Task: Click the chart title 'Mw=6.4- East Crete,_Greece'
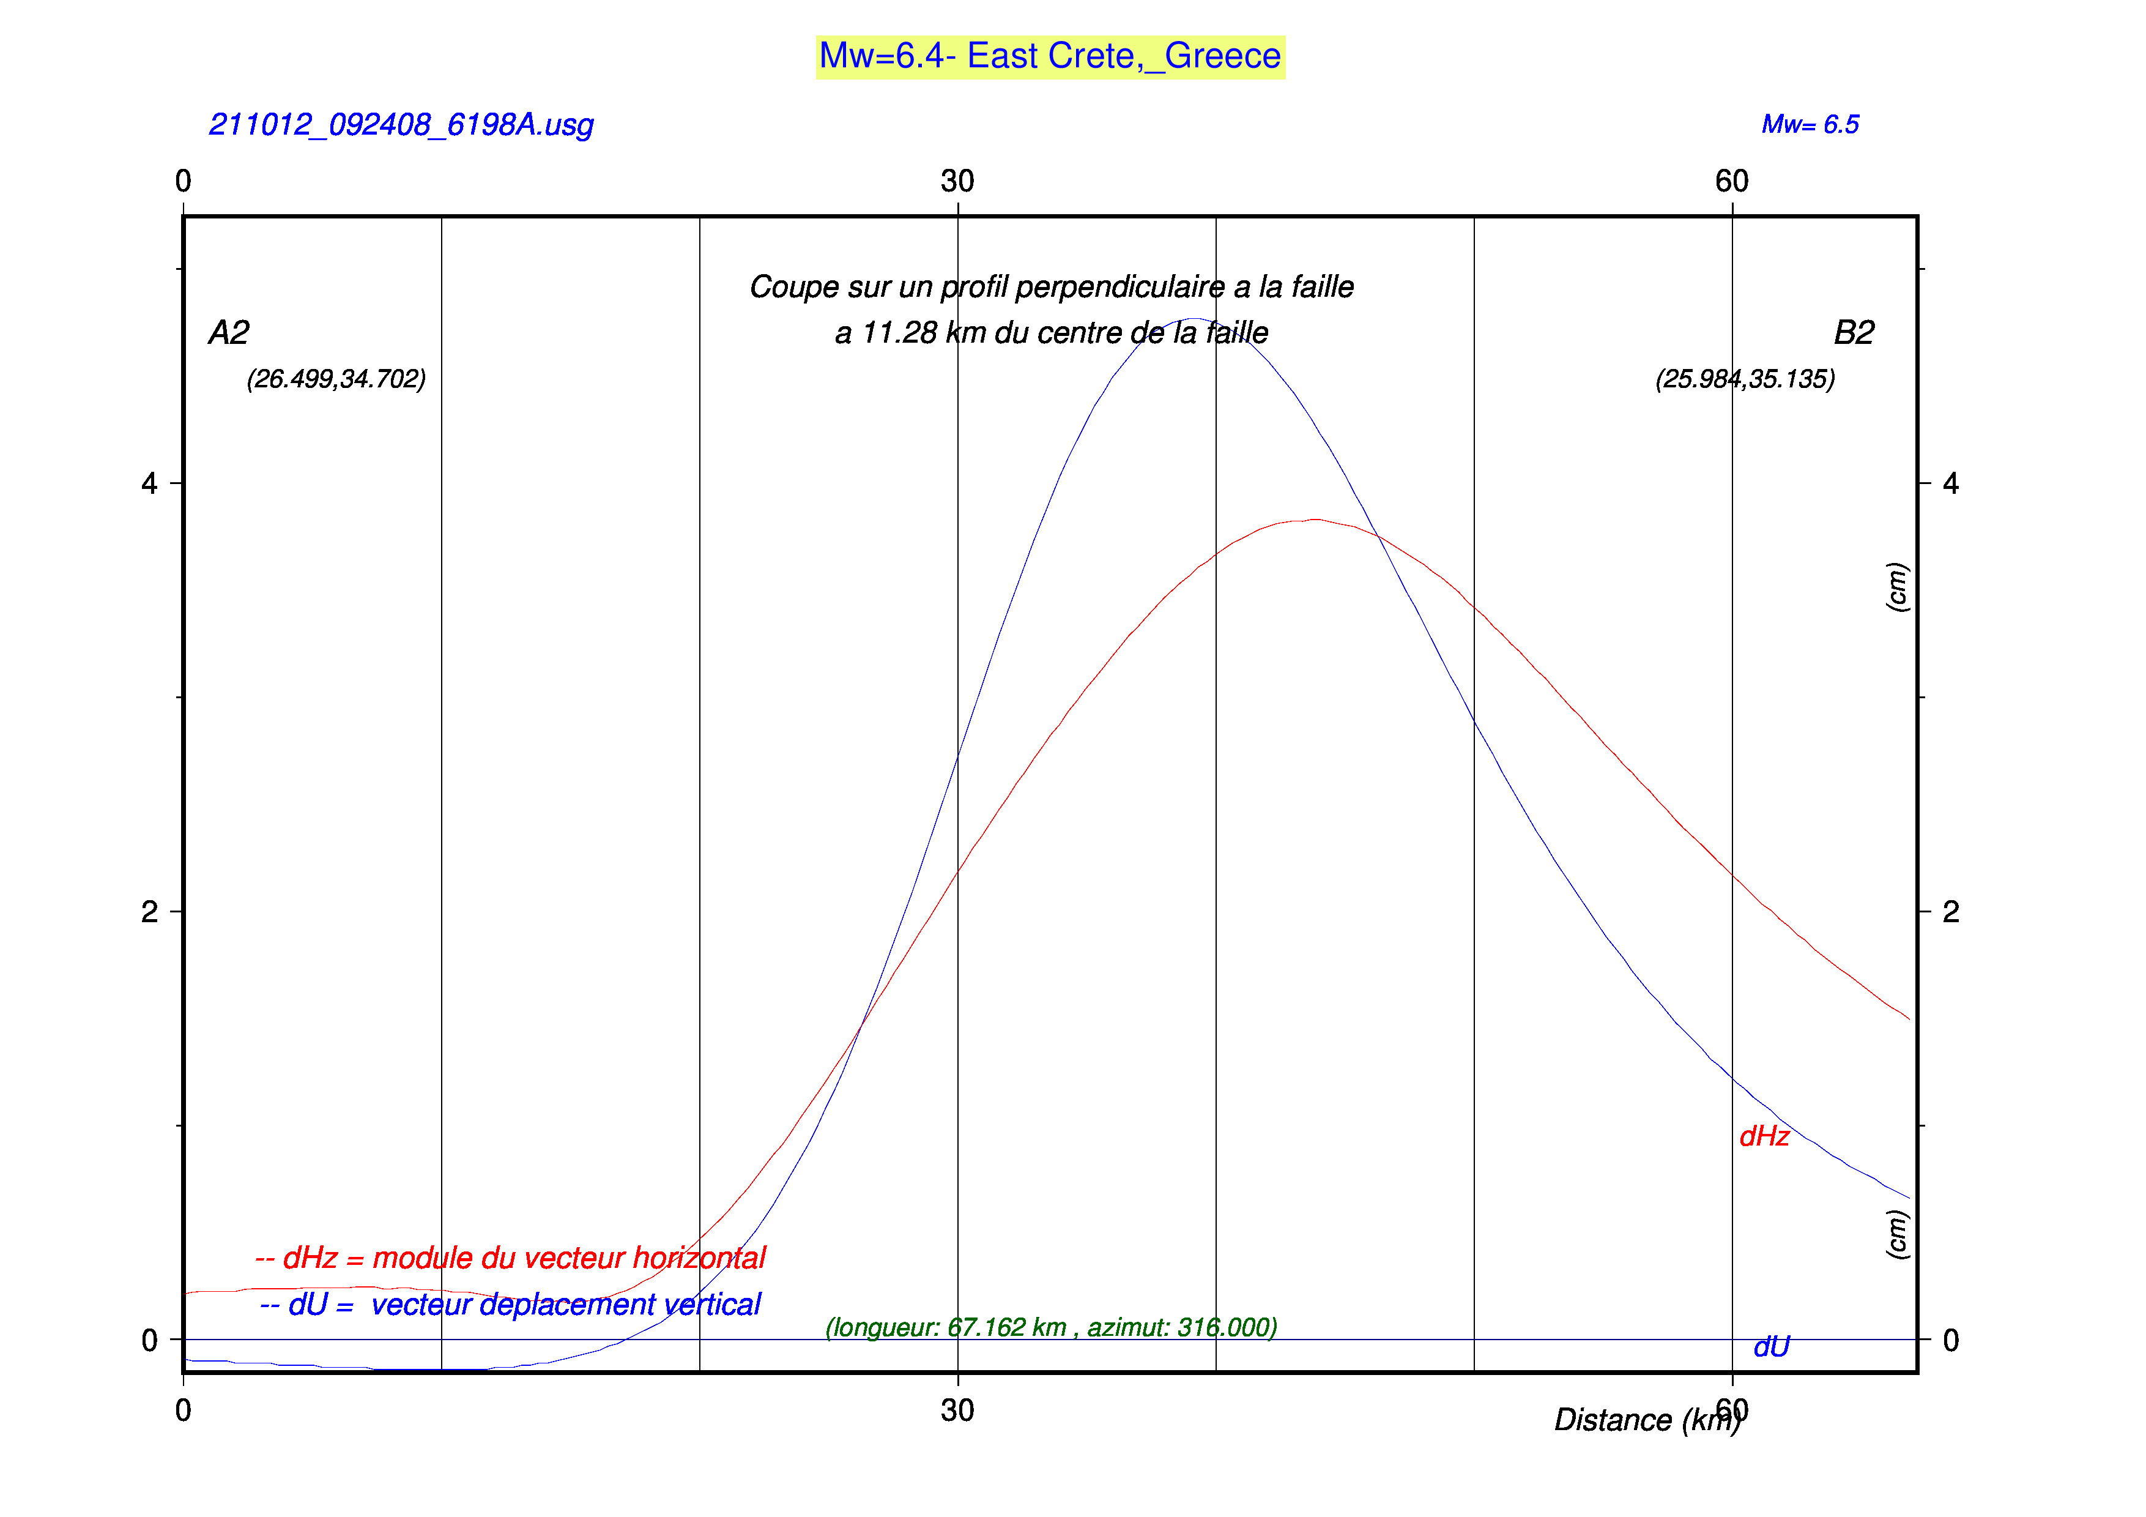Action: pyautogui.click(x=1050, y=57)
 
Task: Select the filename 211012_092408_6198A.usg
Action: pyautogui.click(x=401, y=124)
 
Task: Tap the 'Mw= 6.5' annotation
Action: pyautogui.click(x=1810, y=124)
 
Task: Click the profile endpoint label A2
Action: pyautogui.click(x=229, y=333)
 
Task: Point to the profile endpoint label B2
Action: pyautogui.click(x=1854, y=333)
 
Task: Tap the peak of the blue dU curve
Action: pyautogui.click(x=1195, y=319)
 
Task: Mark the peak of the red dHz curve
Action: pyautogui.click(x=1316, y=520)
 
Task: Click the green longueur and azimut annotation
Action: pyautogui.click(x=1050, y=1327)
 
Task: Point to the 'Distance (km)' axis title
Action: pyautogui.click(x=1647, y=1420)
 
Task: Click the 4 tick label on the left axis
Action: pyautogui.click(x=149, y=483)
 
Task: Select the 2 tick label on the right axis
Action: pyautogui.click(x=1951, y=911)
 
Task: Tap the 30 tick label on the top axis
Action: pyautogui.click(x=957, y=181)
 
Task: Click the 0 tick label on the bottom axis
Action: pyautogui.click(x=183, y=1411)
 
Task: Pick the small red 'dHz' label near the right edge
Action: pyautogui.click(x=1764, y=1136)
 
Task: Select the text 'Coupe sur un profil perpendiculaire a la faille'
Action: pyautogui.click(x=1052, y=287)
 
